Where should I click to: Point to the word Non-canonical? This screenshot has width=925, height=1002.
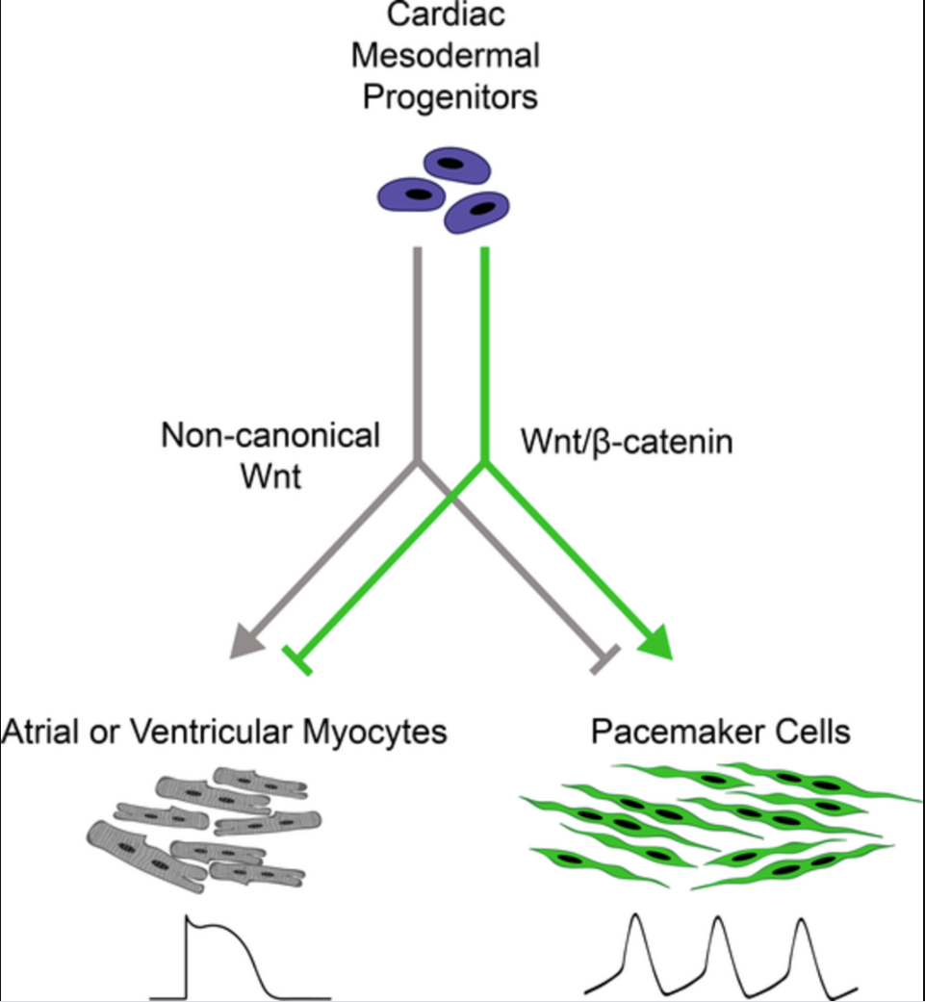[x=270, y=436]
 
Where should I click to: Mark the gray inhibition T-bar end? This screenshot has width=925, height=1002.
[x=604, y=660]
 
